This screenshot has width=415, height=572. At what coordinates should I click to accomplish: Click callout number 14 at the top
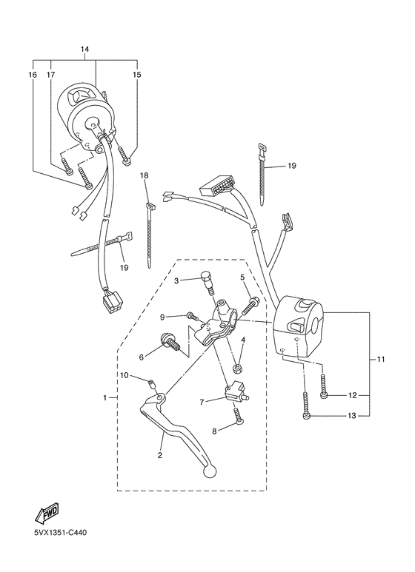(x=84, y=49)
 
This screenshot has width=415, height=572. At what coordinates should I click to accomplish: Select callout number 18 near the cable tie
(x=145, y=175)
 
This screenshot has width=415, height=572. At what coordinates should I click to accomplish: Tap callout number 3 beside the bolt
(x=176, y=281)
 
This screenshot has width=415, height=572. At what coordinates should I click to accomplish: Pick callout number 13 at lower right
(x=352, y=417)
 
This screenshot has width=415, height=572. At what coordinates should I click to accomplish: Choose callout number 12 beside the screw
(x=352, y=395)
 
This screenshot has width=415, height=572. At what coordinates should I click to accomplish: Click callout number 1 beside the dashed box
(x=105, y=398)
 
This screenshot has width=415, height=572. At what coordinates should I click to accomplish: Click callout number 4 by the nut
(x=242, y=340)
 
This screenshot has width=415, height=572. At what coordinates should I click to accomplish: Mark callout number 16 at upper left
(x=33, y=75)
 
